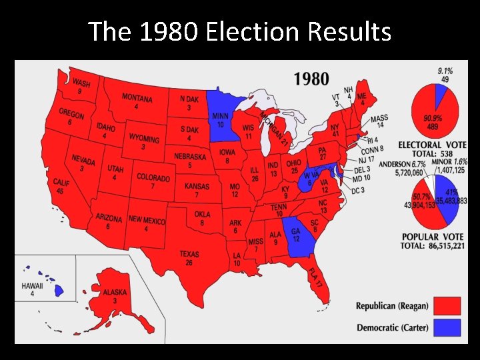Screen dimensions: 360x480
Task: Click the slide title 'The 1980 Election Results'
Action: pyautogui.click(x=239, y=31)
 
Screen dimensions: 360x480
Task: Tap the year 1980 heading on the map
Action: pyautogui.click(x=311, y=79)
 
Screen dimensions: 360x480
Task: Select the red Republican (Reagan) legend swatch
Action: pyautogui.click(x=447, y=306)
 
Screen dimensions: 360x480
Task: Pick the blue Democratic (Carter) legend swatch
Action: pyautogui.click(x=447, y=328)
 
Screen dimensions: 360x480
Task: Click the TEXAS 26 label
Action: pyautogui.click(x=189, y=259)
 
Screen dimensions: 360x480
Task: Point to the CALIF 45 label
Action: pyautogui.click(x=62, y=187)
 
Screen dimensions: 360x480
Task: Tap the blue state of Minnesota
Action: pyautogui.click(x=223, y=117)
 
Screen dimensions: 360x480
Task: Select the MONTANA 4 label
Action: pyautogui.click(x=137, y=101)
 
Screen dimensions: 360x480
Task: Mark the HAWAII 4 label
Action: pyautogui.click(x=31, y=289)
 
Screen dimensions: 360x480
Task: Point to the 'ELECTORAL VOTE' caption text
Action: pyautogui.click(x=432, y=145)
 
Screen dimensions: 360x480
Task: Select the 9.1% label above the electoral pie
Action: pyautogui.click(x=445, y=71)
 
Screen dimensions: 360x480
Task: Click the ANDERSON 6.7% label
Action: pyautogui.click(x=403, y=164)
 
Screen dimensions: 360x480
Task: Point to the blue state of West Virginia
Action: pyautogui.click(x=309, y=179)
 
